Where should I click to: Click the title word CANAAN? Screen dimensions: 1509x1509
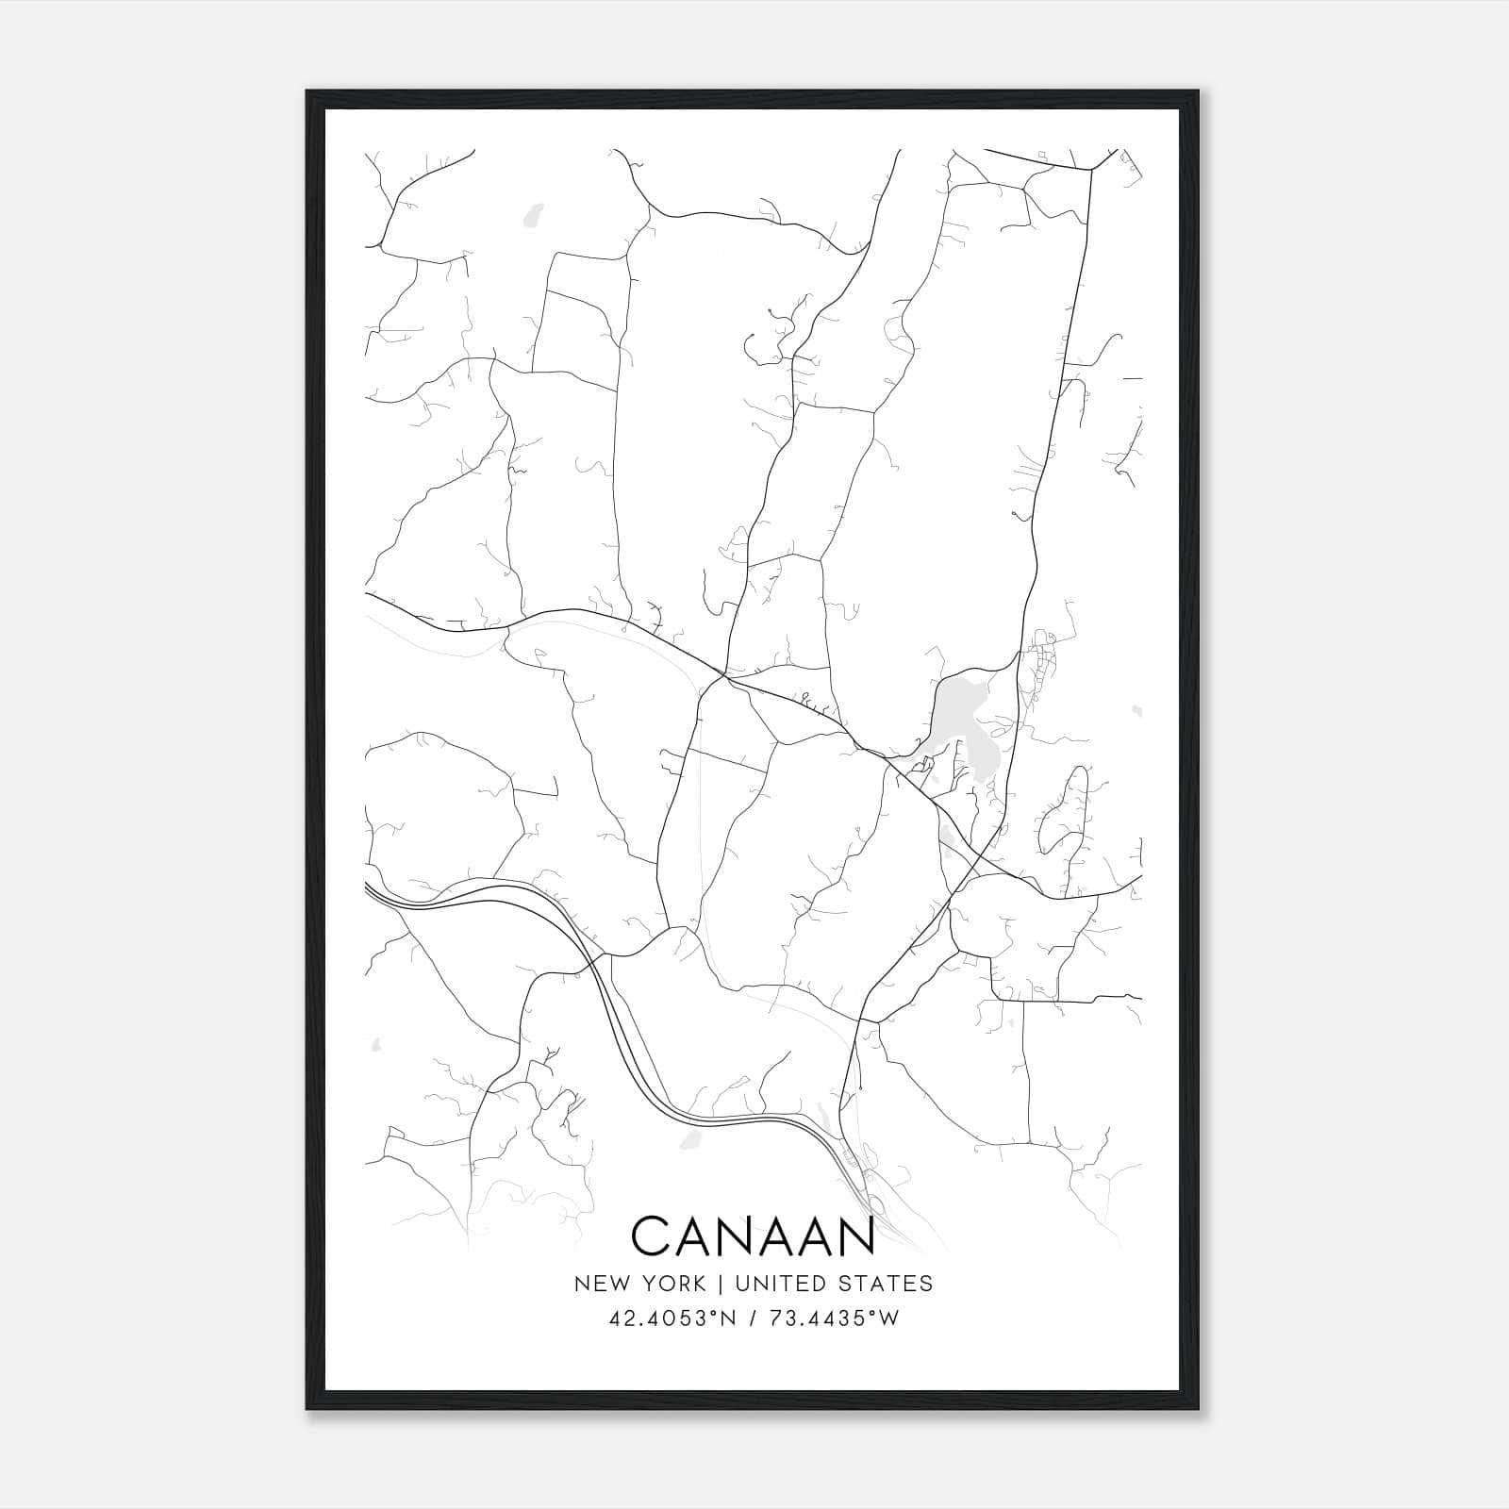point(753,1235)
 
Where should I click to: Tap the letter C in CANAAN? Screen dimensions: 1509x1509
point(651,1235)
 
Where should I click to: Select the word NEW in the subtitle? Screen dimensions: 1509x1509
point(600,1284)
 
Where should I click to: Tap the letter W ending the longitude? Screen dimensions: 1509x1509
point(888,1318)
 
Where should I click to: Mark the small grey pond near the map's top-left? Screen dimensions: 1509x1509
point(535,216)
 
